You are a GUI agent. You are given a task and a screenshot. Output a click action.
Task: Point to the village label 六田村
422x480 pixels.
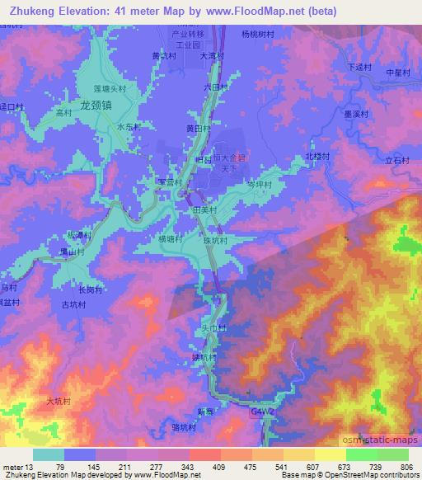pos(214,87)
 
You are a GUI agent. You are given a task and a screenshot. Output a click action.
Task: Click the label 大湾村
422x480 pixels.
pos(213,57)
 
